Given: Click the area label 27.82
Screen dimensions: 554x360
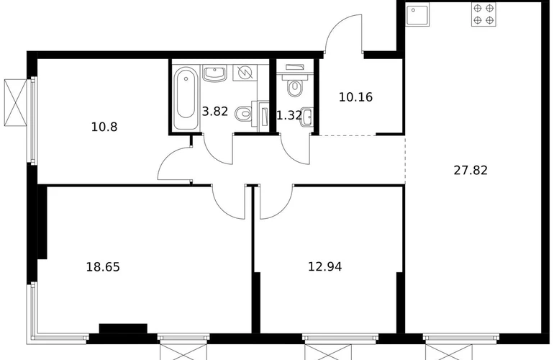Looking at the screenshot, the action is [471, 171].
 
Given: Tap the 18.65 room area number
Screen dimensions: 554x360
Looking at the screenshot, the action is [103, 267].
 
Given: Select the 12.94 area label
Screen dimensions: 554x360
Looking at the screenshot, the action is [324, 266].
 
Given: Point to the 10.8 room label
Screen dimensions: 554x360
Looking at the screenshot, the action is [104, 127].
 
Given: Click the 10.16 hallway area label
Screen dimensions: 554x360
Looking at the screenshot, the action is [355, 97].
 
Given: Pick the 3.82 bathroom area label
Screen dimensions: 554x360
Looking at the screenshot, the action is [215, 112].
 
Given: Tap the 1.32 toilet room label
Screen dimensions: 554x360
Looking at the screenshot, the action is [289, 115].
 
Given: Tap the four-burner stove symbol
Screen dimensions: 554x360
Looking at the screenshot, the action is [483, 14].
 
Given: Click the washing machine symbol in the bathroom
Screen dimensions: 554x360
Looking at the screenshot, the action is [245, 73].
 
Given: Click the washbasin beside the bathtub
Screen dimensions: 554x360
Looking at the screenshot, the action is [214, 73].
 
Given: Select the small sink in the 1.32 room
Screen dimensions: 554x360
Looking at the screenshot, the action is [307, 116].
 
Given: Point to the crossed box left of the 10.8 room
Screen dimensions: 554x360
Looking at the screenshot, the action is [15, 102].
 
